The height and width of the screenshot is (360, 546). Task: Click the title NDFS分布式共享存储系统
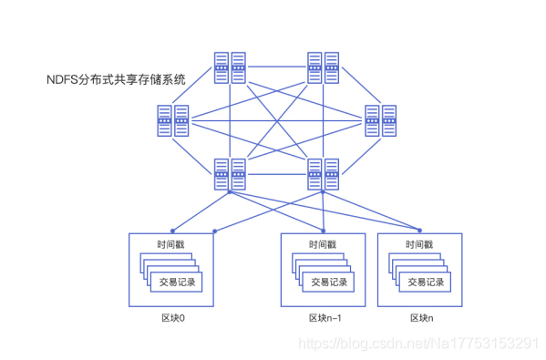point(116,79)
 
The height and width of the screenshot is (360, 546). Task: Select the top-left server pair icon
point(230,66)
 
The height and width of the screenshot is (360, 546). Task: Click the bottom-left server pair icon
point(230,173)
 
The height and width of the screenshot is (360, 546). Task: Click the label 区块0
point(171,318)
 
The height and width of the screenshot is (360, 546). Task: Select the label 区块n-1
point(323,318)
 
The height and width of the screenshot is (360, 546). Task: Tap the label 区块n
point(420,318)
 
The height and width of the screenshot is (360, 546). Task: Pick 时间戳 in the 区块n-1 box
point(323,245)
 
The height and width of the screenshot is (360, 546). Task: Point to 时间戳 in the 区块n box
point(420,245)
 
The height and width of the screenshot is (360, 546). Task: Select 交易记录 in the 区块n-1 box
point(328,282)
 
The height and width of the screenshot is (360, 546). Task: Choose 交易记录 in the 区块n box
point(426,282)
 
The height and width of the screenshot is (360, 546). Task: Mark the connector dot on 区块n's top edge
point(420,229)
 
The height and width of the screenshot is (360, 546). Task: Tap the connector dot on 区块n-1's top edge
point(323,230)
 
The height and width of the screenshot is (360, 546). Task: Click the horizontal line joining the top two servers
point(276,67)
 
